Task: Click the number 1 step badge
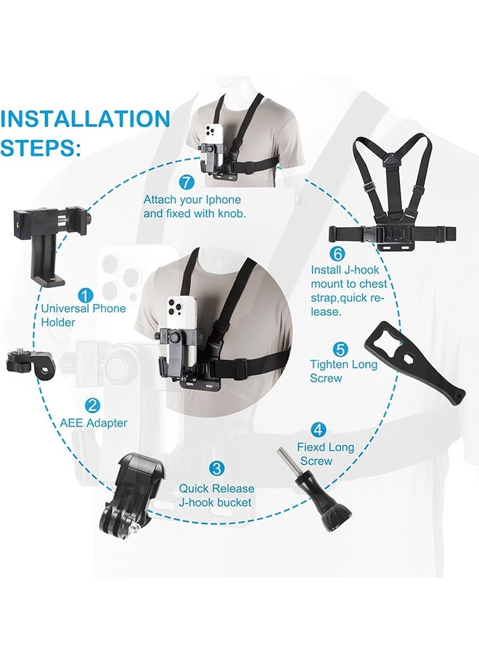pyautogui.click(x=86, y=295)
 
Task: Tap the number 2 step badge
pyautogui.click(x=92, y=406)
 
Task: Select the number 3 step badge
pyautogui.click(x=216, y=469)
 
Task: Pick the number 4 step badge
pyautogui.click(x=318, y=430)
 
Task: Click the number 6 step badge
pyautogui.click(x=336, y=254)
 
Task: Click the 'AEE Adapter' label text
pyautogui.click(x=92, y=423)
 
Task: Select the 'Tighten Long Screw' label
pyautogui.click(x=343, y=371)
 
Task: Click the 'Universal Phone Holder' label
pyautogui.click(x=83, y=315)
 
